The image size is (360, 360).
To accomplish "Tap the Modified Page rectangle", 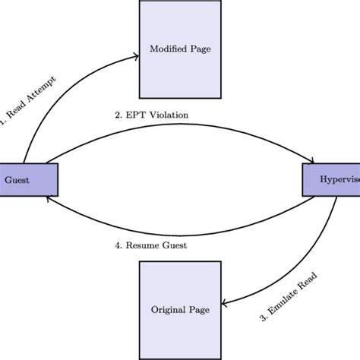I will tap(179, 49).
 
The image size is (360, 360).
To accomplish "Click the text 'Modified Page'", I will tap(179, 49).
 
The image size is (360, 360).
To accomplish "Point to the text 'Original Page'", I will tap(179, 309).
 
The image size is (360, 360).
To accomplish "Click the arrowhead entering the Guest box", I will tap(49, 197).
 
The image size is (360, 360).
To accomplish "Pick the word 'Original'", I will tap(167, 309).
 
